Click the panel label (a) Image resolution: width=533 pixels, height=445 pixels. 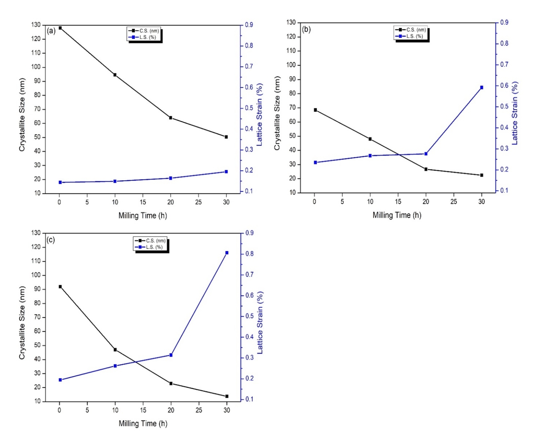tap(51, 31)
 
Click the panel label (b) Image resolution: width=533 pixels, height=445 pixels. tap(306, 29)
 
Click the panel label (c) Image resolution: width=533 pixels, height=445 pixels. tap(51, 240)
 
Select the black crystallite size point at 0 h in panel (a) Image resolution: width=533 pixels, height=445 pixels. tap(60, 28)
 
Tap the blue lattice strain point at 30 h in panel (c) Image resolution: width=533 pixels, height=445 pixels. tap(227, 253)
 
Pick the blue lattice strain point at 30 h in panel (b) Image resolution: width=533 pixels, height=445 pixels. tap(482, 87)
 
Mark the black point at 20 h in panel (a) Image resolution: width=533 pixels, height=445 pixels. tap(171, 118)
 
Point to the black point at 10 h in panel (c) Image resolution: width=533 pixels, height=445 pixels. tap(115, 350)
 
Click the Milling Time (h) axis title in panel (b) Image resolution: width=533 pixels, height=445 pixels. tap(397, 215)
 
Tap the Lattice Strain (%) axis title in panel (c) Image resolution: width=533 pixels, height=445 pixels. tap(260, 322)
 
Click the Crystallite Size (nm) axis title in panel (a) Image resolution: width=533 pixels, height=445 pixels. tap(22, 115)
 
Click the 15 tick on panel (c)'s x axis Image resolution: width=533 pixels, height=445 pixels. tap(143, 410)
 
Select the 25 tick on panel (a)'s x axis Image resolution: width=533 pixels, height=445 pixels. tap(198, 202)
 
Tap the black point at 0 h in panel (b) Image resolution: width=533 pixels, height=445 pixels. tap(315, 110)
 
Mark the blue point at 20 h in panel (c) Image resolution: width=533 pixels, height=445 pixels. tap(171, 355)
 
